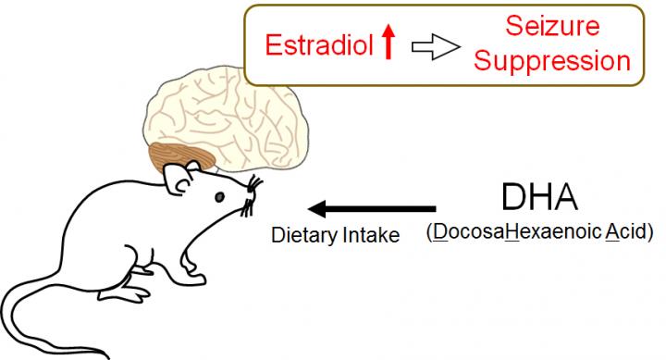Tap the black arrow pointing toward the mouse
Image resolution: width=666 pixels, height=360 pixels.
371,208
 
